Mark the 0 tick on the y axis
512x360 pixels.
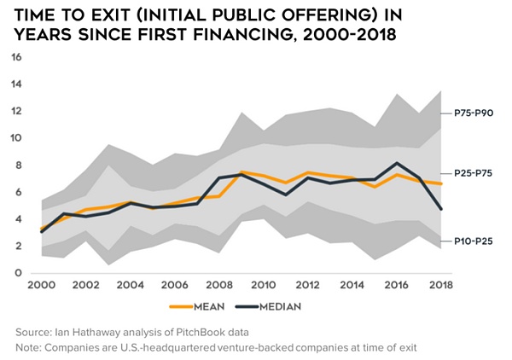click(x=16, y=273)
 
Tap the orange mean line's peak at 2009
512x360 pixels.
click(x=242, y=172)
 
